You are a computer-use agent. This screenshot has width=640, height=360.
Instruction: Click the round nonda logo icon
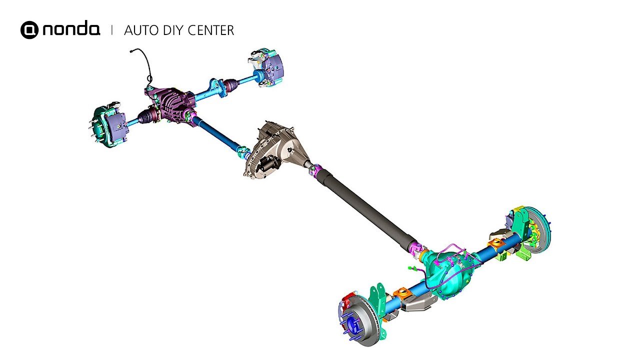[x=29, y=29]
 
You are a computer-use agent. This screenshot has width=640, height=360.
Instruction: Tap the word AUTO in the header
[x=141, y=30]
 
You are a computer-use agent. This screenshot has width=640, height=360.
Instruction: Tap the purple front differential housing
[x=171, y=104]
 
